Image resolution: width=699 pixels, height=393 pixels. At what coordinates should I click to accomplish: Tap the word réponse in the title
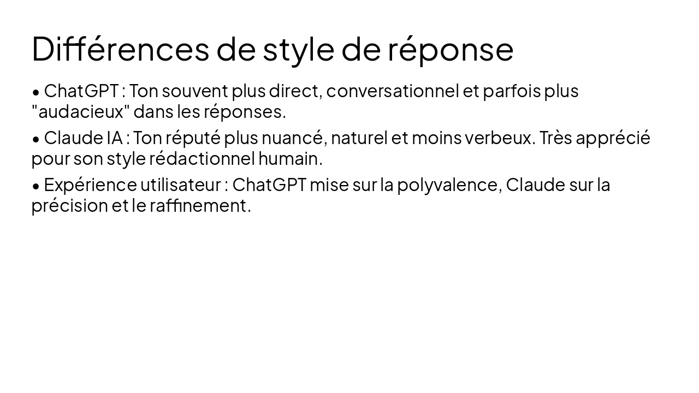click(x=451, y=49)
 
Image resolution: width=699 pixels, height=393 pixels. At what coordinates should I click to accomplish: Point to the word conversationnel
click(x=392, y=91)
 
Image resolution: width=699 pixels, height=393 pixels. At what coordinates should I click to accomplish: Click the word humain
click(x=290, y=159)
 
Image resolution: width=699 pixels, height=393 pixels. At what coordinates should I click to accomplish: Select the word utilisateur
click(x=180, y=185)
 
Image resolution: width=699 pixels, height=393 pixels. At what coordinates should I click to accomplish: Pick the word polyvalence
click(x=449, y=186)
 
